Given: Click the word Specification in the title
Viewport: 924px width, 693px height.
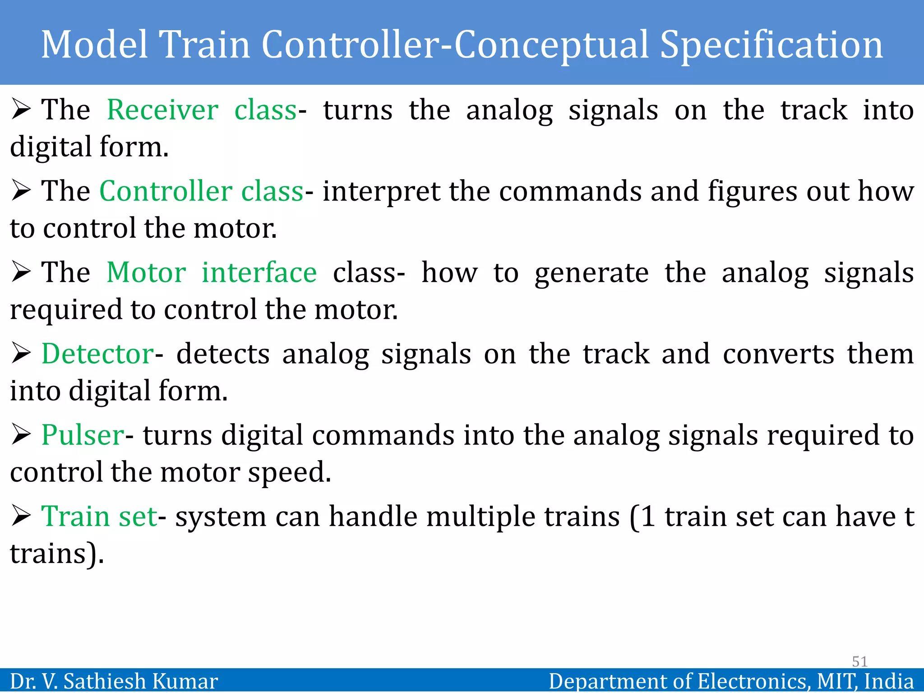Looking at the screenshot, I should (771, 45).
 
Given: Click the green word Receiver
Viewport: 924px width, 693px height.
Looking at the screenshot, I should (162, 110).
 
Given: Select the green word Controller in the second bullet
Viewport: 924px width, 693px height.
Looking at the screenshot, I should (166, 191).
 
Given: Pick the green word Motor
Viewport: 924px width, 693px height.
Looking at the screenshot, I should (146, 273).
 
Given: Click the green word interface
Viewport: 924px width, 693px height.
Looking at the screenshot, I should (259, 273).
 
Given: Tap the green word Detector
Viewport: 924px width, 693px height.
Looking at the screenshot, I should (98, 354).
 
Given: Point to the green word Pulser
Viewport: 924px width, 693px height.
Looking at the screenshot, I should (83, 435).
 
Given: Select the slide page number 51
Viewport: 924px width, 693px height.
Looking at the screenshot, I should (859, 661).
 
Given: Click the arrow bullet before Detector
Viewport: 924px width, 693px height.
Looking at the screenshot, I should (21, 353).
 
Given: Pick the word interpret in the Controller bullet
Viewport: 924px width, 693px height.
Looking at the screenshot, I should (382, 192).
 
